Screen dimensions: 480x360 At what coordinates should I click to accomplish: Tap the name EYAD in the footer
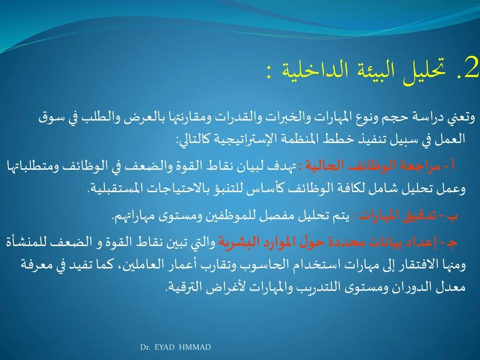(165, 347)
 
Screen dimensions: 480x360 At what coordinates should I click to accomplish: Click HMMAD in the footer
(195, 347)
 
